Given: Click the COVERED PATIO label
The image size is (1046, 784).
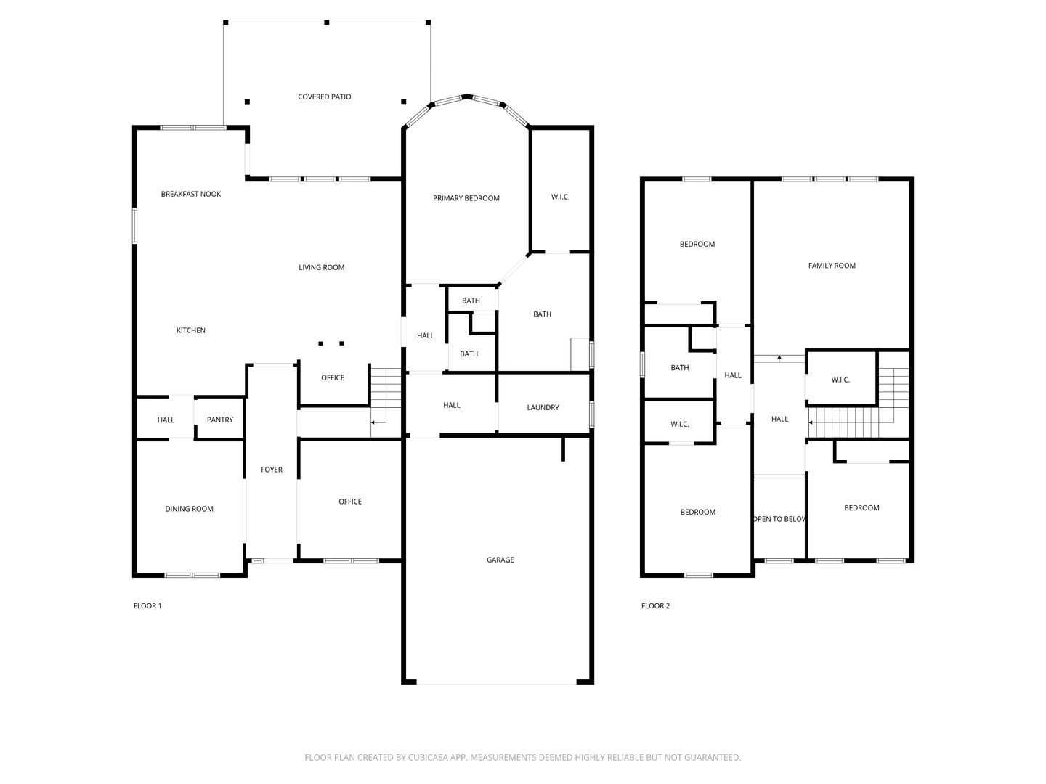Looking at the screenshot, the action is (x=324, y=97).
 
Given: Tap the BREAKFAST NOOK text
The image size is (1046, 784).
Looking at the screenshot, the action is (x=190, y=194).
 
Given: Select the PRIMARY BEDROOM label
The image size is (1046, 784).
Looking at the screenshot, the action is (x=466, y=198).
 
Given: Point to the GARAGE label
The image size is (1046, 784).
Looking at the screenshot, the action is (x=500, y=560).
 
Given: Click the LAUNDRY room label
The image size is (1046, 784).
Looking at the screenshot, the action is (x=543, y=407).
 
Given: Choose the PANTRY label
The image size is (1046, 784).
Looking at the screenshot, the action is (x=219, y=420).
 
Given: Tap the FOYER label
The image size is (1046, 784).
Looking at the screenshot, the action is (x=272, y=470).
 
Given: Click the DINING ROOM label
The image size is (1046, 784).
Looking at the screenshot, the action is (x=189, y=509).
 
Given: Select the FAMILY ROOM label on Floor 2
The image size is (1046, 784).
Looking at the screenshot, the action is (x=832, y=266).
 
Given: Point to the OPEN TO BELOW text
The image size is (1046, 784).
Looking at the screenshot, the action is (x=779, y=519).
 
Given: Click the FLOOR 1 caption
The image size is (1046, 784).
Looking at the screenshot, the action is (x=147, y=606).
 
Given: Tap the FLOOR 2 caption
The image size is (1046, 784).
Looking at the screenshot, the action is (x=655, y=606).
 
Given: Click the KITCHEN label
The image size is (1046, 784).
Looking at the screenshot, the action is (x=190, y=330).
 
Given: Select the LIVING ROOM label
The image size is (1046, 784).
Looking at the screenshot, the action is (x=321, y=268).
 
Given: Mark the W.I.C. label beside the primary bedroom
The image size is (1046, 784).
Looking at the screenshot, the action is (x=560, y=197).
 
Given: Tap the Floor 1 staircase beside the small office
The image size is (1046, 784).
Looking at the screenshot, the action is (x=386, y=402).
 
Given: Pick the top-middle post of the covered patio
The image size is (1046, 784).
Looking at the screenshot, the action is (x=326, y=23).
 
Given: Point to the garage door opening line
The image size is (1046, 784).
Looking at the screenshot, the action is (x=497, y=684).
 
